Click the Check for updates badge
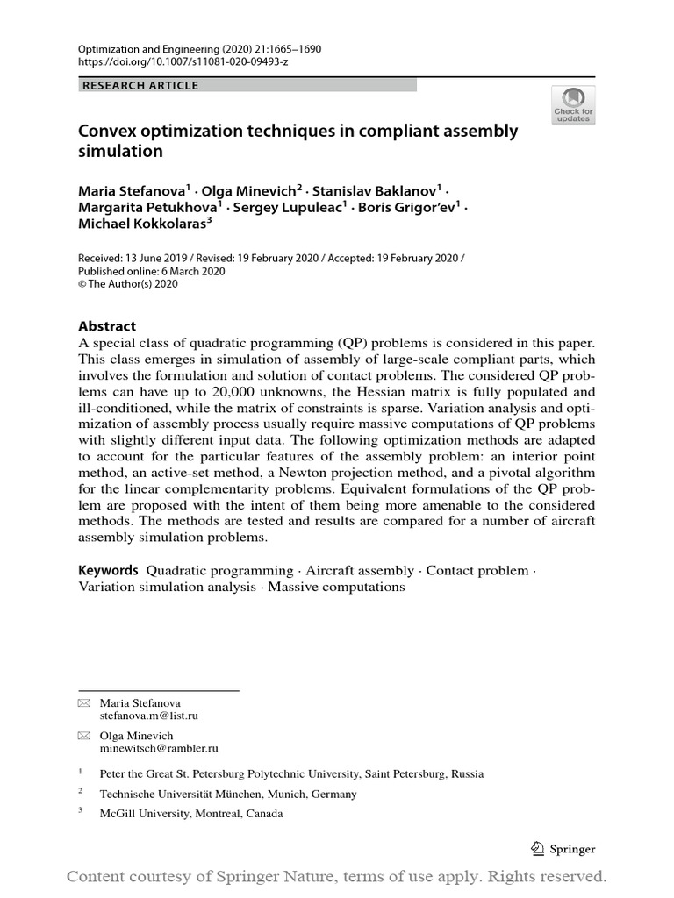[573, 104]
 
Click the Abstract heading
[107, 325]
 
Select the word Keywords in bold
[109, 570]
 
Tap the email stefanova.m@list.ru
[148, 716]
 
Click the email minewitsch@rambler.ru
[159, 749]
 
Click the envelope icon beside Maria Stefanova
[84, 703]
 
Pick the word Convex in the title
[107, 132]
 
